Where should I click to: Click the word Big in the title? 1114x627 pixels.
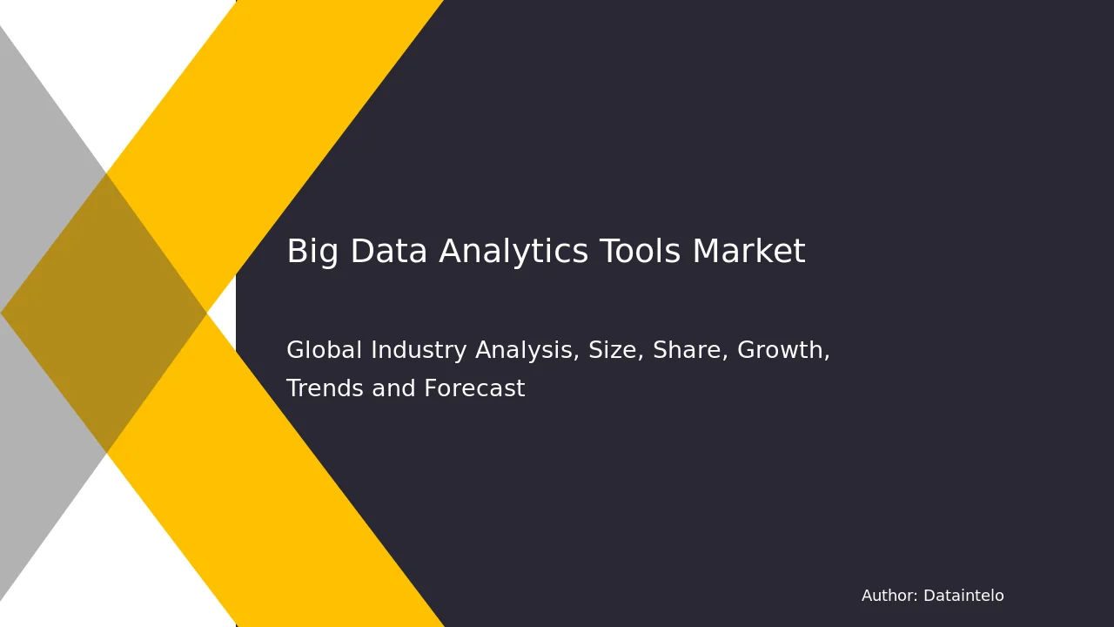[312, 252]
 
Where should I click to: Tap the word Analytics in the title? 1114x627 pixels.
[513, 252]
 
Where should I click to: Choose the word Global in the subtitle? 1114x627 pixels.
[324, 349]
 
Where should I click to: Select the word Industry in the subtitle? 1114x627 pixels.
[419, 351]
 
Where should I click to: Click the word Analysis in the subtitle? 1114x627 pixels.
[527, 351]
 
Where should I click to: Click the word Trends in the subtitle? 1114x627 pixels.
[325, 388]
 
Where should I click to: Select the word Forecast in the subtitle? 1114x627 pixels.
[474, 388]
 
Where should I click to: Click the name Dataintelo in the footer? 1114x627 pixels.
[963, 596]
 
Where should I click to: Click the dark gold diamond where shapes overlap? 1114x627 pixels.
[104, 313]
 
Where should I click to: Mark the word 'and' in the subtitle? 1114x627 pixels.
[393, 388]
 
